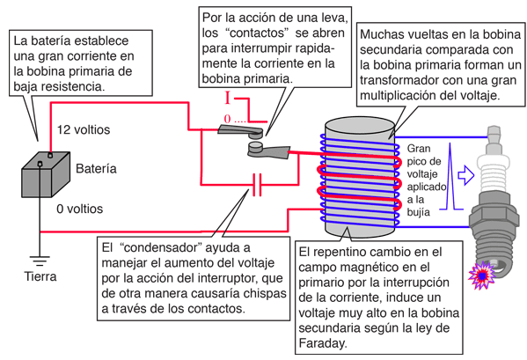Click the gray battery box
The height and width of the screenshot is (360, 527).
pyautogui.click(x=46, y=174)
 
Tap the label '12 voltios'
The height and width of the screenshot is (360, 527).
pyautogui.click(x=84, y=129)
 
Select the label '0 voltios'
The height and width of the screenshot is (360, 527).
pyautogui.click(x=80, y=209)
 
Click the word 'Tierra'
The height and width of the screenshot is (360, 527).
pyautogui.click(x=40, y=276)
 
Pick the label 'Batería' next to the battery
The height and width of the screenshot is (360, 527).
pyautogui.click(x=96, y=168)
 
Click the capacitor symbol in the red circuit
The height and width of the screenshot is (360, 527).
pyautogui.click(x=257, y=185)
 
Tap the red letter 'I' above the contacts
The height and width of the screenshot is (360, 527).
pyautogui.click(x=228, y=99)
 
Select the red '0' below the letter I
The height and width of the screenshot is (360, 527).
pyautogui.click(x=228, y=119)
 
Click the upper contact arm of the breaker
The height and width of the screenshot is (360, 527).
pyautogui.click(x=241, y=131)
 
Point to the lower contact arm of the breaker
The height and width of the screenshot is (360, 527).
pyautogui.click(x=268, y=151)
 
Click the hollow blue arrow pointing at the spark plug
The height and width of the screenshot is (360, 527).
pyautogui.click(x=466, y=175)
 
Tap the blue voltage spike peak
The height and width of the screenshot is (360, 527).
pyautogui.click(x=450, y=143)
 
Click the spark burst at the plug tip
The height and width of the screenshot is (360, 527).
pyautogui.click(x=483, y=275)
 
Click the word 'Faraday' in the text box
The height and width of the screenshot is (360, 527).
pyautogui.click(x=322, y=343)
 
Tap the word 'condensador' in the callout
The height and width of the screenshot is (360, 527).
pyautogui.click(x=160, y=247)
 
